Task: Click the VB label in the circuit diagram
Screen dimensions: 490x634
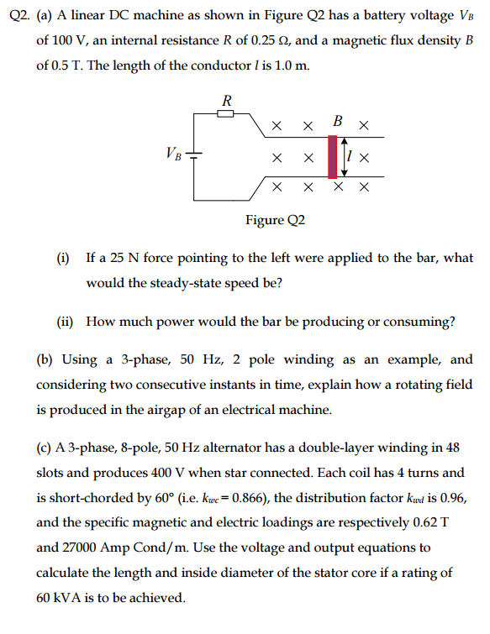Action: pyautogui.click(x=173, y=153)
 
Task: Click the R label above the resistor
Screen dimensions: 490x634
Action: pyautogui.click(x=225, y=99)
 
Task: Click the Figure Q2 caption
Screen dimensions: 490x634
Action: pyautogui.click(x=275, y=220)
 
